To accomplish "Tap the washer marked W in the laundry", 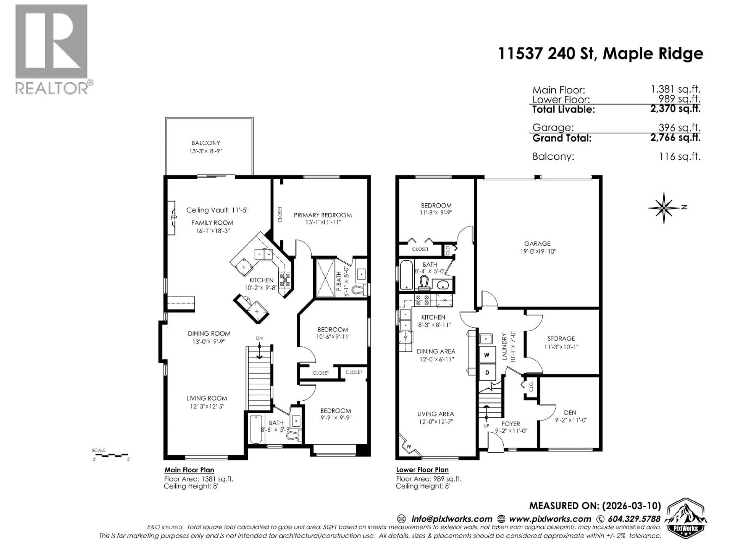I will point(487,355).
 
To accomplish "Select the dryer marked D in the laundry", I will point(487,372).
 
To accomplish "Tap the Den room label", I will point(570,413).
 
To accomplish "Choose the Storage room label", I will point(561,338).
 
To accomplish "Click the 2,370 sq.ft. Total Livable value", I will point(675,109).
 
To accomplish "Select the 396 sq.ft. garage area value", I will point(679,128).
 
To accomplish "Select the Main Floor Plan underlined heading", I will point(189,470).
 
